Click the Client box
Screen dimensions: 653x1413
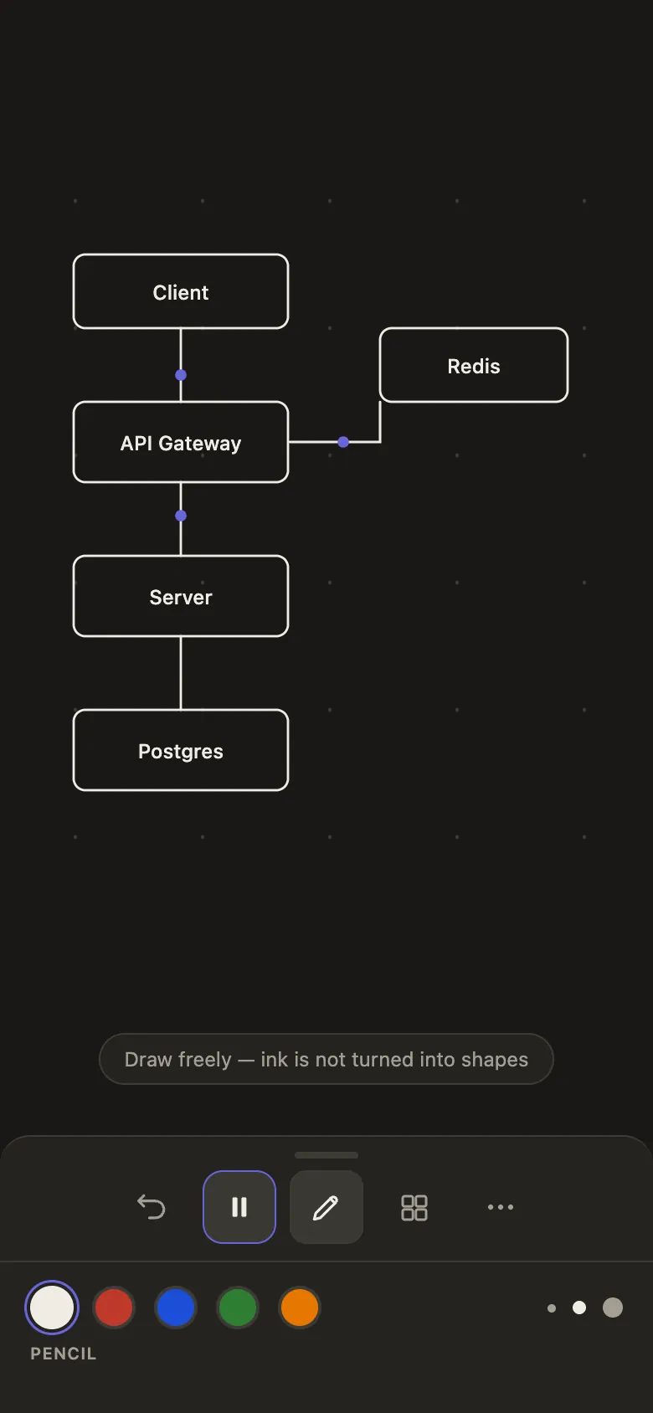(x=181, y=291)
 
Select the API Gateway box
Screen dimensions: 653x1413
(x=181, y=442)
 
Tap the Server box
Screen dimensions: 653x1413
(x=181, y=596)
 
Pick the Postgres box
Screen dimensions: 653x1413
(x=181, y=750)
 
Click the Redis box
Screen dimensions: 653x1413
(x=474, y=365)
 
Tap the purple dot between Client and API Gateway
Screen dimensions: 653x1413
(x=181, y=375)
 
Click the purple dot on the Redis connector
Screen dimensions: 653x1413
(x=343, y=442)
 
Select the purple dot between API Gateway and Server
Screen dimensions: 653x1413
(x=181, y=516)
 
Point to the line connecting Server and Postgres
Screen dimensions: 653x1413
(x=181, y=673)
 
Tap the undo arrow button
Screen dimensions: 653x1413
(x=152, y=1207)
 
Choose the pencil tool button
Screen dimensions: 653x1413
(x=326, y=1207)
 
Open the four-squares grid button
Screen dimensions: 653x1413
(x=414, y=1207)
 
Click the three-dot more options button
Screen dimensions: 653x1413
(x=501, y=1207)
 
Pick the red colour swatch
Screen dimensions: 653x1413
(x=114, y=1308)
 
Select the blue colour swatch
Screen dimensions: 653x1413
(x=176, y=1308)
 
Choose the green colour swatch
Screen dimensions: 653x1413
(x=237, y=1308)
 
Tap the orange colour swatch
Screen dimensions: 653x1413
(x=299, y=1308)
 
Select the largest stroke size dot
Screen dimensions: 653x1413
(x=613, y=1308)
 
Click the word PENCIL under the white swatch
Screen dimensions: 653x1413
(x=63, y=1354)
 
